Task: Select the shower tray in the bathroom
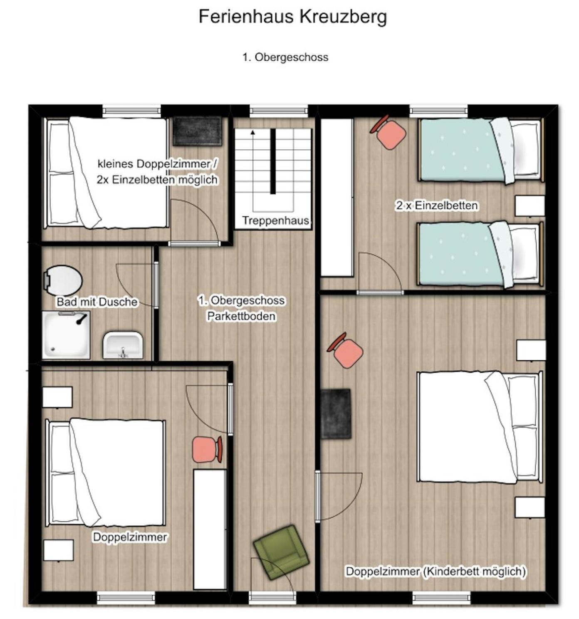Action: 66,335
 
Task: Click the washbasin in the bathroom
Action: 123,345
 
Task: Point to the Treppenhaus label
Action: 275,220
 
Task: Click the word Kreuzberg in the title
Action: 343,16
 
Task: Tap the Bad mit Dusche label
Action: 97,302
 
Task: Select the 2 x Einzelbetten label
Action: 436,206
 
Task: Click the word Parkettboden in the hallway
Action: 241,316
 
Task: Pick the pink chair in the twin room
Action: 389,132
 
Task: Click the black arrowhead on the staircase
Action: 252,132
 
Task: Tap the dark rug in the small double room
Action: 197,131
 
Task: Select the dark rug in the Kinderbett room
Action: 336,413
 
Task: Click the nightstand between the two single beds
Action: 530,206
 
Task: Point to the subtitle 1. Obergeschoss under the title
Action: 285,57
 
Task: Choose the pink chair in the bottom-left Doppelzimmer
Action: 207,449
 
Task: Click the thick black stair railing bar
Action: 273,161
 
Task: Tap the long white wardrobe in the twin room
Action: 337,197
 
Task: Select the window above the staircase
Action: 279,111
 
